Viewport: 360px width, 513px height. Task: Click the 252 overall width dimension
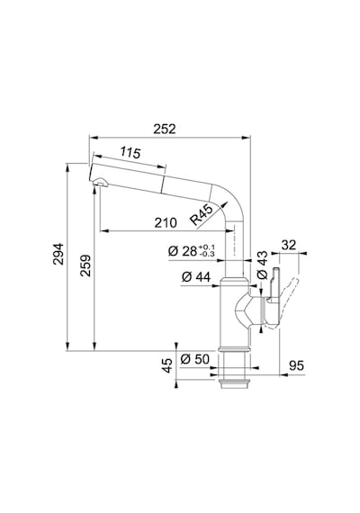click(x=165, y=129)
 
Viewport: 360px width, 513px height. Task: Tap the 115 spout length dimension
click(x=130, y=152)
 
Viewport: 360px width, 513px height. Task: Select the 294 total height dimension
click(x=58, y=254)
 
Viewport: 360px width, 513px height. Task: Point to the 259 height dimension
click(x=85, y=265)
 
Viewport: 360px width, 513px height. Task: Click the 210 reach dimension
click(x=166, y=223)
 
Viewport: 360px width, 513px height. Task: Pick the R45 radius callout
click(x=202, y=214)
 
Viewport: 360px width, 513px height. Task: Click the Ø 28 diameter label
click(x=183, y=251)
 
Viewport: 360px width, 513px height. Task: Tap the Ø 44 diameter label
click(x=196, y=277)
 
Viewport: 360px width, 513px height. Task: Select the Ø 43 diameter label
click(x=263, y=265)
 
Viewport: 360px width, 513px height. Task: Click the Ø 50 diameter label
click(x=194, y=359)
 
